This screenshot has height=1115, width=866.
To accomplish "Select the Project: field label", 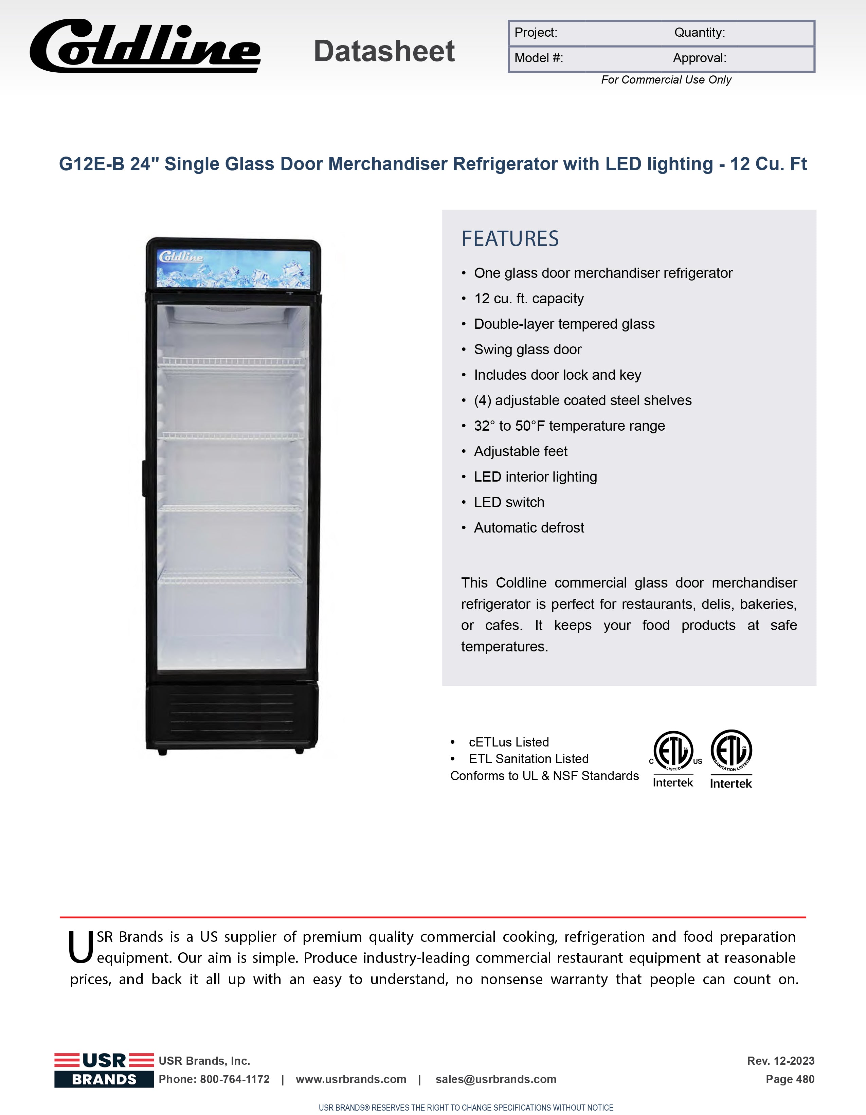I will click(x=536, y=33).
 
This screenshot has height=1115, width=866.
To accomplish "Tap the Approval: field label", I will click(x=699, y=58).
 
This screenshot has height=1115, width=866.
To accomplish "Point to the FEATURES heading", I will click(x=510, y=239).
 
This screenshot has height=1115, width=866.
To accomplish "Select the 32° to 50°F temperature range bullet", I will click(x=569, y=426).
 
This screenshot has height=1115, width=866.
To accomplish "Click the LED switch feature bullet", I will click(x=509, y=502).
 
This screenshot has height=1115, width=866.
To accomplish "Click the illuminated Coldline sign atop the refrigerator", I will click(x=233, y=269).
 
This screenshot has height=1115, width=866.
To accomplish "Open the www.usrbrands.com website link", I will click(x=351, y=1079).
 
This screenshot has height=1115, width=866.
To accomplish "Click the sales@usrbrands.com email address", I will click(x=496, y=1079).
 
